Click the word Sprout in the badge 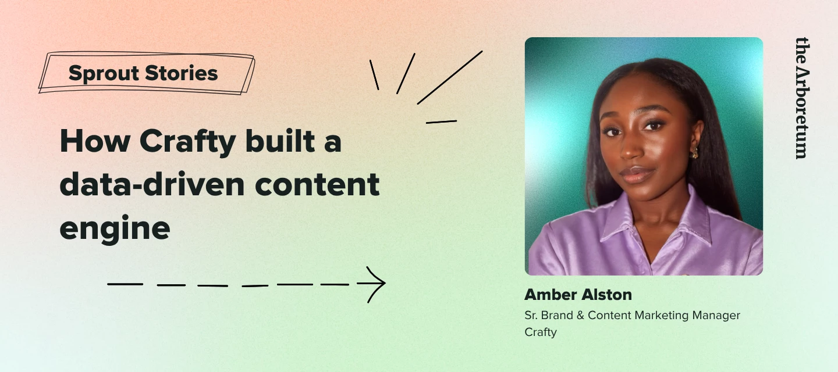click(x=103, y=73)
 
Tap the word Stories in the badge click(x=181, y=73)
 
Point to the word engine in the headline click(x=115, y=228)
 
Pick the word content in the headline click(x=317, y=184)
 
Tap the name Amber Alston click(x=578, y=295)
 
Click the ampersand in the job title click(x=580, y=315)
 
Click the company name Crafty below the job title click(x=541, y=332)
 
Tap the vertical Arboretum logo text click(x=802, y=98)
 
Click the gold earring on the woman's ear click(x=694, y=152)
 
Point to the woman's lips click(x=637, y=174)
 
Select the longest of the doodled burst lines click(x=450, y=78)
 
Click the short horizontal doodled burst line click(x=442, y=121)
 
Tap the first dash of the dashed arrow click(x=125, y=284)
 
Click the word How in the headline click(x=95, y=141)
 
